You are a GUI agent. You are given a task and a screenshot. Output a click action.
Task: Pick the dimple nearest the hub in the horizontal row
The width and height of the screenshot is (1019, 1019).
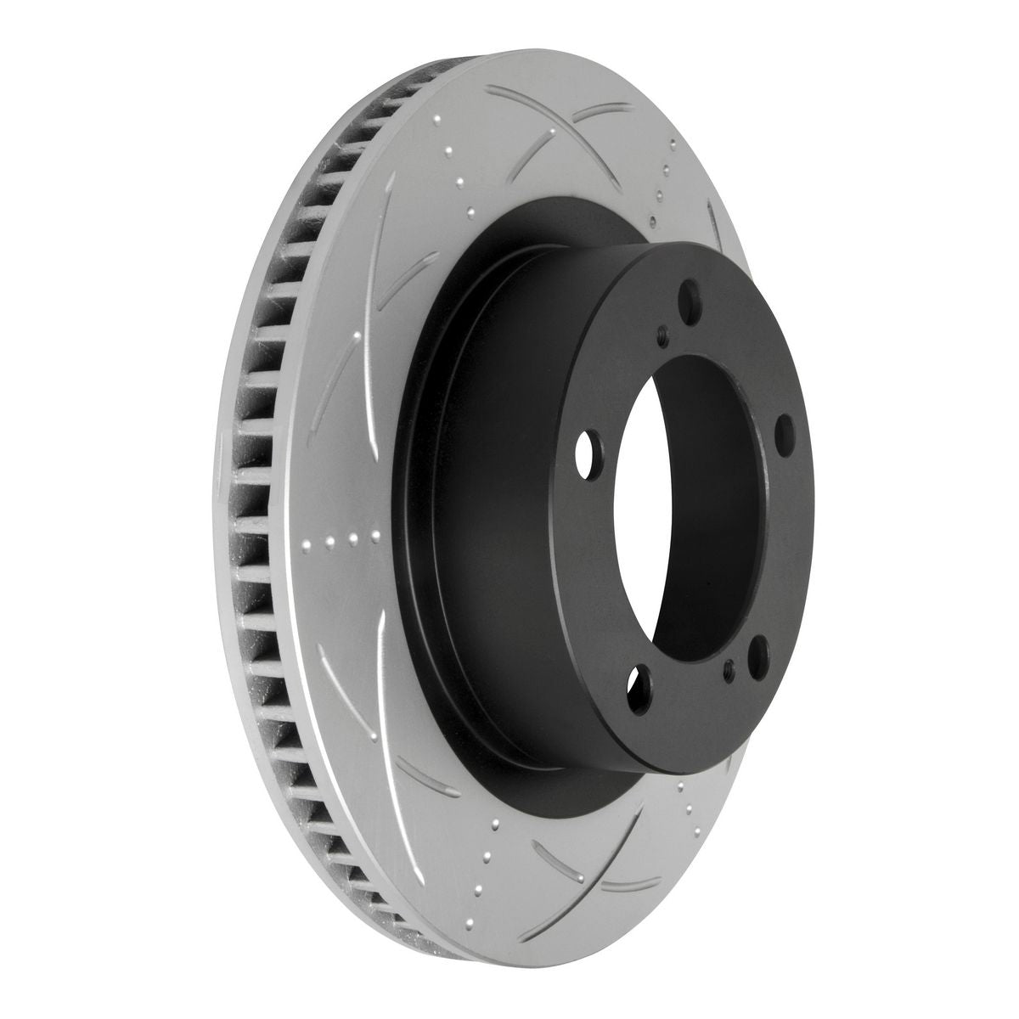[374, 536]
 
